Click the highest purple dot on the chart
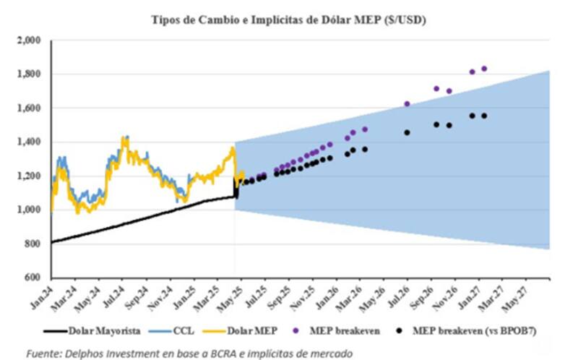click(484, 69)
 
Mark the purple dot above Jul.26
click(407, 104)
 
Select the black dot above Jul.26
click(407, 132)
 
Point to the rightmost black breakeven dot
click(484, 116)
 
